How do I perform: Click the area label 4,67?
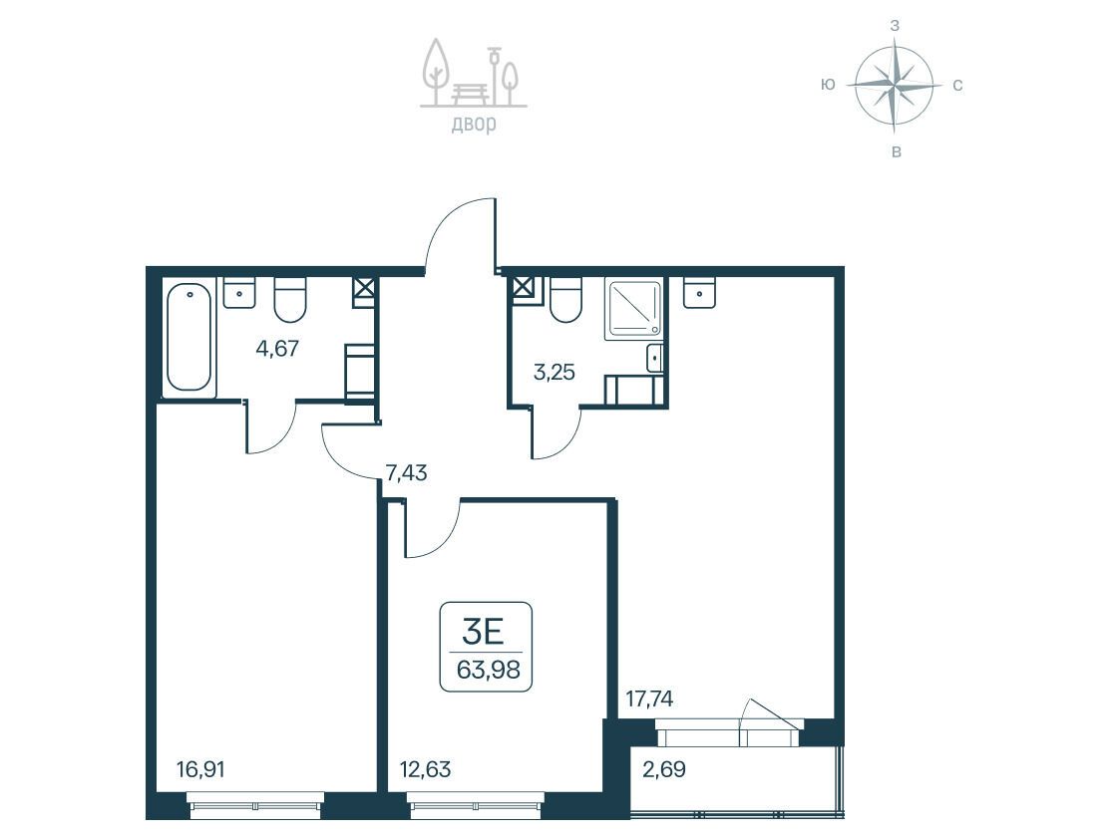pyautogui.click(x=277, y=349)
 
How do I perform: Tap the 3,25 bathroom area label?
pyautogui.click(x=554, y=372)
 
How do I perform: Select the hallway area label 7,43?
pyautogui.click(x=406, y=472)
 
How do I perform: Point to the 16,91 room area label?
pyautogui.click(x=200, y=768)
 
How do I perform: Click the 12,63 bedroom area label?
pyautogui.click(x=425, y=768)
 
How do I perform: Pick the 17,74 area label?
pyautogui.click(x=649, y=699)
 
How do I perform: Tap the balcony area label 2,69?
pyautogui.click(x=663, y=768)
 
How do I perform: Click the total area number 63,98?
pyautogui.click(x=488, y=669)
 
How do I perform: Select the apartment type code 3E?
pyautogui.click(x=483, y=631)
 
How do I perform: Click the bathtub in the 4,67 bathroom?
pyautogui.click(x=188, y=337)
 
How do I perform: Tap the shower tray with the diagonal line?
pyautogui.click(x=633, y=308)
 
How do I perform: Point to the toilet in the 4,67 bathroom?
pyautogui.click(x=290, y=300)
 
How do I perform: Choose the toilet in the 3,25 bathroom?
pyautogui.click(x=565, y=300)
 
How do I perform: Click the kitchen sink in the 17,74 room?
pyautogui.click(x=699, y=293)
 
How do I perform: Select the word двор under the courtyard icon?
pyautogui.click(x=474, y=124)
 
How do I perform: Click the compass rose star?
pyautogui.click(x=894, y=85)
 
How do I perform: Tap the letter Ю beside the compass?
pyautogui.click(x=828, y=85)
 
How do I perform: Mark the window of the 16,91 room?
pyautogui.click(x=255, y=806)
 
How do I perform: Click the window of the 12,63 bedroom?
pyautogui.click(x=476, y=806)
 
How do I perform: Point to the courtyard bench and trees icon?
pyautogui.click(x=474, y=74)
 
